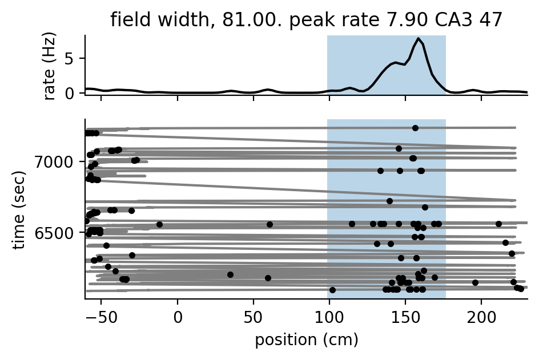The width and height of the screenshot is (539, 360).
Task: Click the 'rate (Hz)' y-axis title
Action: [x=50, y=66]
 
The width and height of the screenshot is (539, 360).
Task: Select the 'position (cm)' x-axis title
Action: [x=306, y=341]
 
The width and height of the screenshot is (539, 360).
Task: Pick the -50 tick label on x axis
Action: [x=101, y=318]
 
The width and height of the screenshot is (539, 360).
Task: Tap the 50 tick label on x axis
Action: [x=254, y=318]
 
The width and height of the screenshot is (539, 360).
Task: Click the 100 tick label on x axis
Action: [x=329, y=318]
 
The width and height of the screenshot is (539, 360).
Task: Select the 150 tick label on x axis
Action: [x=405, y=318]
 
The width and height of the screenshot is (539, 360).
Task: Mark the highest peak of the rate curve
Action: [x=419, y=39]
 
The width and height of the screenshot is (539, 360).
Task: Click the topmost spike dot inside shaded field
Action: [x=415, y=128]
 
